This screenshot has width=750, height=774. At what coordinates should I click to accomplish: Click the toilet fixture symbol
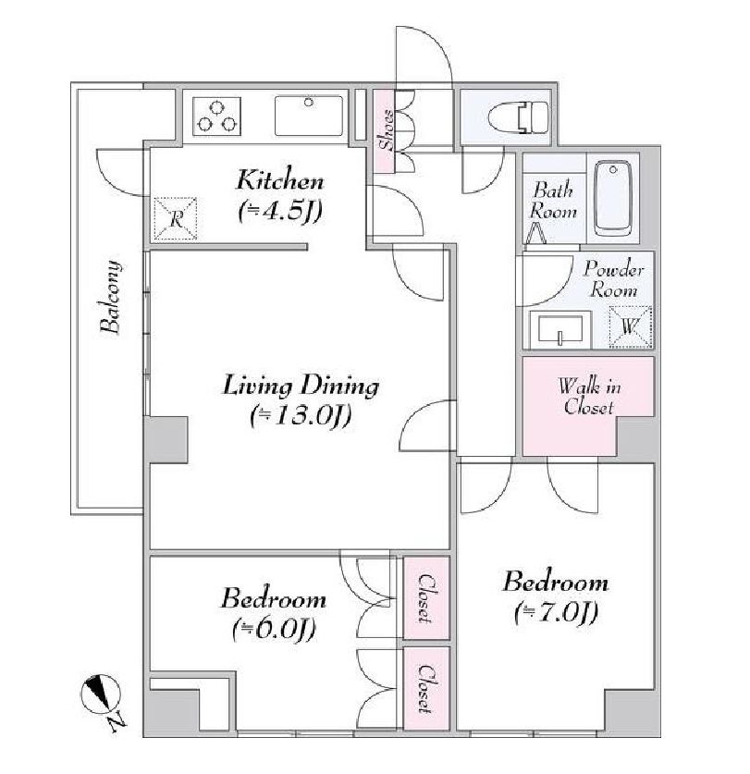518,117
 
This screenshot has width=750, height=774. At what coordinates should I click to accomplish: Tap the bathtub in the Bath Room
613,199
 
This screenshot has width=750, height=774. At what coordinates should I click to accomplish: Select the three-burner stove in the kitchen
216,117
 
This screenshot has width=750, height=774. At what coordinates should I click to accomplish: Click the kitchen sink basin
309,116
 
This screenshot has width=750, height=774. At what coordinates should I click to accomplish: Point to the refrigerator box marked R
176,218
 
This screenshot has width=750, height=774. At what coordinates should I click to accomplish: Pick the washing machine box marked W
631,326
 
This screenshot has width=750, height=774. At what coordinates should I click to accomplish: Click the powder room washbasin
560,329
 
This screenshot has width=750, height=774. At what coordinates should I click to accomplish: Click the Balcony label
110,296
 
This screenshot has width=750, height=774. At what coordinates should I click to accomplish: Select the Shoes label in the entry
386,130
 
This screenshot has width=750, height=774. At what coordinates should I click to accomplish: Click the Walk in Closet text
589,397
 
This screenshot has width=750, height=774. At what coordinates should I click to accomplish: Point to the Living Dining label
301,386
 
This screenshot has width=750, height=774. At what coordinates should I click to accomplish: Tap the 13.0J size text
301,415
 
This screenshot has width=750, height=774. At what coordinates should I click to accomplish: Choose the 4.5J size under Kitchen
280,211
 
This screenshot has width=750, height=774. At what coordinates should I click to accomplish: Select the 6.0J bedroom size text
274,630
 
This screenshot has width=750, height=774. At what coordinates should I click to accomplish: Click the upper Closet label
425,597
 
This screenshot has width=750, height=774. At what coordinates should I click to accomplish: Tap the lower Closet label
425,689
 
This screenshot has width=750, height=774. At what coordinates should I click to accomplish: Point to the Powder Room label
614,279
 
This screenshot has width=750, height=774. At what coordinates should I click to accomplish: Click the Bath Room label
553,201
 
